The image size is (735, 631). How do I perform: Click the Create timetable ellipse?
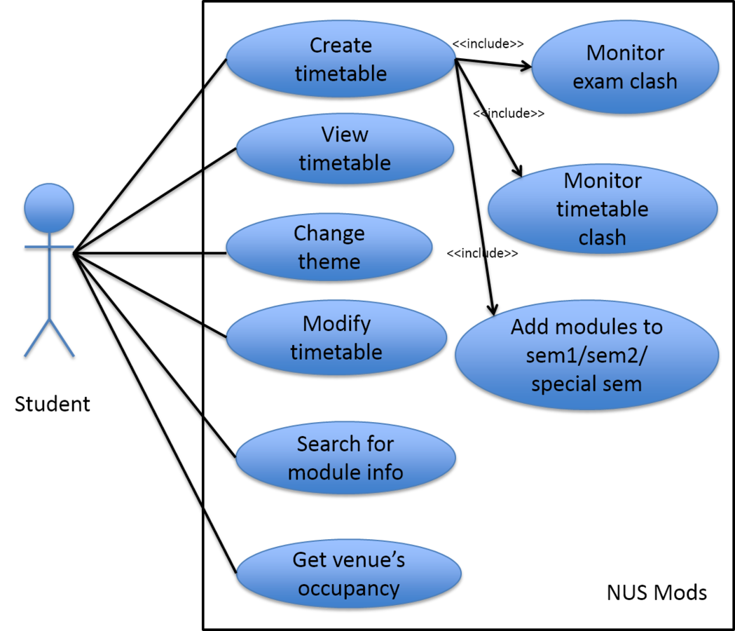coord(341,60)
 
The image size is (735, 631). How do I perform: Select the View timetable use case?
coord(345,148)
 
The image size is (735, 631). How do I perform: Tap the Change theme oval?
coord(329,247)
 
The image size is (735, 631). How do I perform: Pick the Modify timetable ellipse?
coord(336,337)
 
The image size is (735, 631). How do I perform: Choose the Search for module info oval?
coord(345,458)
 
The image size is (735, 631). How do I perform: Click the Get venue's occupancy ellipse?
coord(349,574)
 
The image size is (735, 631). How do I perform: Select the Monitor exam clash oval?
coord(625,67)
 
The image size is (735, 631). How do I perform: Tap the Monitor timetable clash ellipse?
coord(603,209)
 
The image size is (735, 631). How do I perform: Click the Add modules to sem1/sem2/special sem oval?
coord(587,355)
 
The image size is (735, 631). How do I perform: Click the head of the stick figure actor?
coord(49,208)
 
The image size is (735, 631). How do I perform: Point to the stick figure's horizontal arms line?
coord(49,246)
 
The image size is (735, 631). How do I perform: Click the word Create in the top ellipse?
coord(341,46)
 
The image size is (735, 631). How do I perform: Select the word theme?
coord(329,262)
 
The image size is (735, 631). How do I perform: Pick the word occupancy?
coord(349,588)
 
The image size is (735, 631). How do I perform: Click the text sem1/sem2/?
coord(587,355)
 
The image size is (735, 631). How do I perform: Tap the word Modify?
coord(336,324)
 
